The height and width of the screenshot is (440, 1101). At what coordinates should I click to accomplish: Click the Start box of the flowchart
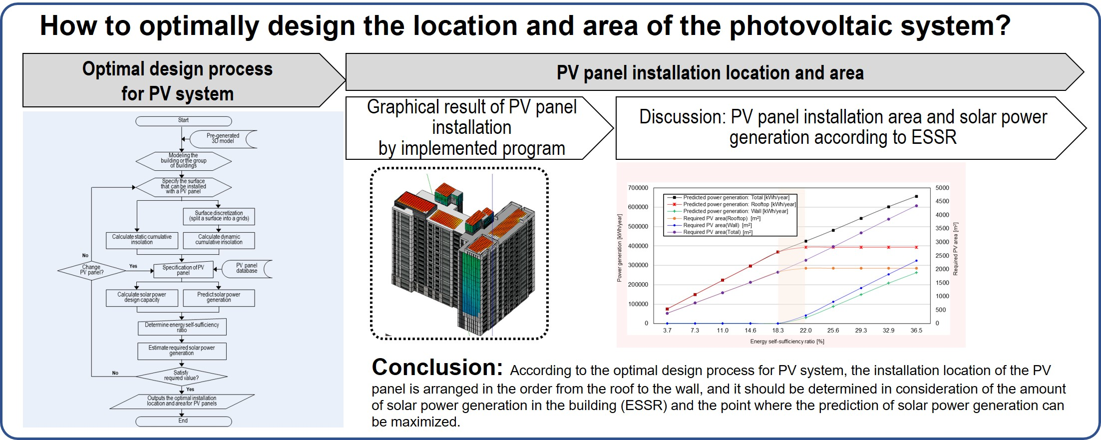(183, 121)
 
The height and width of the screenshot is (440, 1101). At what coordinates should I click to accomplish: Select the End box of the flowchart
(183, 421)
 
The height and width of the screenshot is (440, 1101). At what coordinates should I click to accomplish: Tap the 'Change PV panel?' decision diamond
(91, 270)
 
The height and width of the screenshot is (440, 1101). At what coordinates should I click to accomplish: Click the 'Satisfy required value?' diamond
(181, 376)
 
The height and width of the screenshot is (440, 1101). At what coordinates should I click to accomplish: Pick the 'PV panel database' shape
(247, 268)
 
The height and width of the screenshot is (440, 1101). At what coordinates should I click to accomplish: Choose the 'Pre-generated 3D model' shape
(223, 138)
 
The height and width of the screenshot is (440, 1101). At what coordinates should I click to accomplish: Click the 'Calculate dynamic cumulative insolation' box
(219, 240)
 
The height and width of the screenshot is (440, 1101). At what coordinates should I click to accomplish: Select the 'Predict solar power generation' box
(219, 298)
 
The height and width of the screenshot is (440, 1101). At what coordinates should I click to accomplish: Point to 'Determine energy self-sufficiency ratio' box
(182, 327)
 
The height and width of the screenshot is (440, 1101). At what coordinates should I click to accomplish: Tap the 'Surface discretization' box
(219, 216)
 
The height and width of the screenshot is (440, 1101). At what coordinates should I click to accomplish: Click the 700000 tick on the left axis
(638, 188)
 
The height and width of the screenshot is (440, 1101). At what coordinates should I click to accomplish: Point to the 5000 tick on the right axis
(942, 188)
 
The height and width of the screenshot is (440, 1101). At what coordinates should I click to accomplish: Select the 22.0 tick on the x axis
(805, 331)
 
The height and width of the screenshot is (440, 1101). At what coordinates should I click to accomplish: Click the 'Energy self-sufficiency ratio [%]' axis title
(787, 342)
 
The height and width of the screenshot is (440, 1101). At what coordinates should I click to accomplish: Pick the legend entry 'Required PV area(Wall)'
(717, 225)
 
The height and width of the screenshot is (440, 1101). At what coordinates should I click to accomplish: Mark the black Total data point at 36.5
(916, 196)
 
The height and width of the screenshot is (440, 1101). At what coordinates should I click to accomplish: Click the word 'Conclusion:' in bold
(437, 368)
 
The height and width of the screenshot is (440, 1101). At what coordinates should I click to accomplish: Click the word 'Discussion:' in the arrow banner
(682, 117)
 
